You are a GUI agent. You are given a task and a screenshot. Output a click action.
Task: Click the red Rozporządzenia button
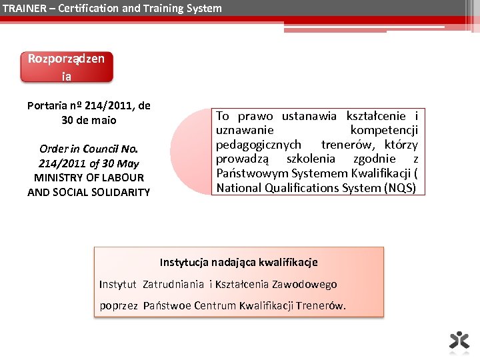67,67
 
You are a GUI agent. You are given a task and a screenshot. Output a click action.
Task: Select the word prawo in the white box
255,116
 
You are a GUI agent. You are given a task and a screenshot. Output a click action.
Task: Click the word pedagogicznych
259,145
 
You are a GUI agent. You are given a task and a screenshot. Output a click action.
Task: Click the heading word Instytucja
185,263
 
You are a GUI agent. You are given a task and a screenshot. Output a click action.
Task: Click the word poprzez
119,306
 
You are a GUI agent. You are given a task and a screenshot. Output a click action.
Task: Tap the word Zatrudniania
173,285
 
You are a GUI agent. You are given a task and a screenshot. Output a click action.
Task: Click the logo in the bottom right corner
459,340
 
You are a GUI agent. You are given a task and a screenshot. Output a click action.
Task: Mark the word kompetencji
384,130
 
